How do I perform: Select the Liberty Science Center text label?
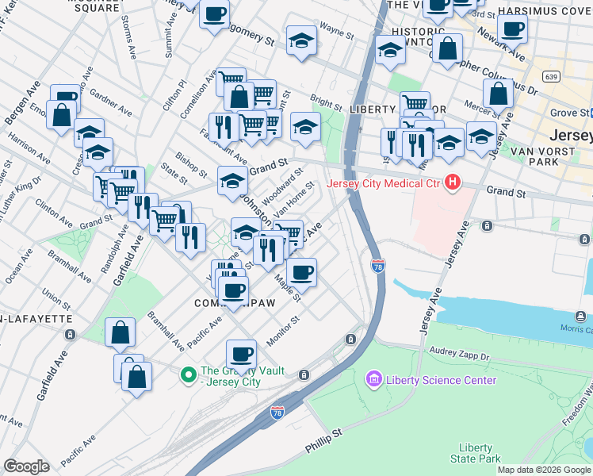(442, 380)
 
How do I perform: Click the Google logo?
(27, 466)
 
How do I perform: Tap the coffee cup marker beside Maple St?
(301, 273)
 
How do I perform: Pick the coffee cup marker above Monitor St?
(241, 354)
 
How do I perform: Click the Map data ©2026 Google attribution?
(544, 470)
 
